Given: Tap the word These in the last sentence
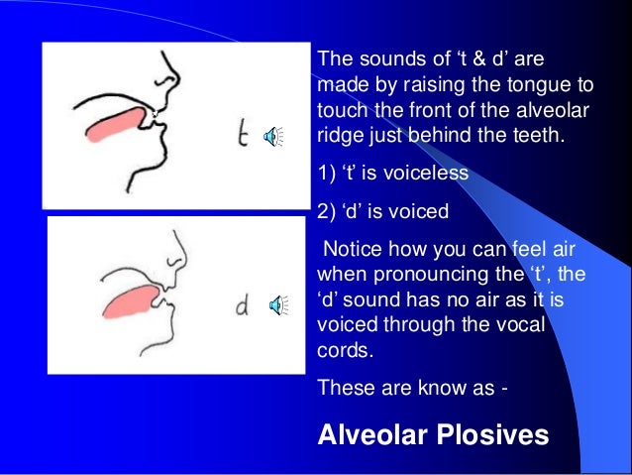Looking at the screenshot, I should click(x=344, y=389).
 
